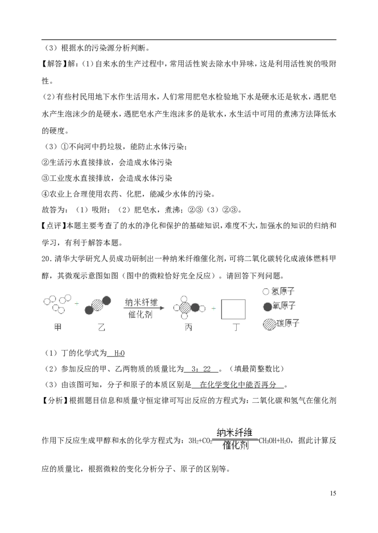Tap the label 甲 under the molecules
pyautogui.click(x=58, y=327)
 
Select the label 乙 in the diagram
pyautogui.click(x=102, y=327)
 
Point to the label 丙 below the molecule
pyautogui.click(x=189, y=327)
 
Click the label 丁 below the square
pyautogui.click(x=236, y=327)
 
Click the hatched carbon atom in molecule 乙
pyautogui.click(x=97, y=305)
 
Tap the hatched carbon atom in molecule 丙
pyautogui.click(x=186, y=308)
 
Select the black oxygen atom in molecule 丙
pyautogui.click(x=195, y=308)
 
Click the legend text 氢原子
pyautogui.click(x=283, y=291)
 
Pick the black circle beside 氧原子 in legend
pyautogui.click(x=267, y=307)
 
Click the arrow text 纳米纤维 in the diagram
pyautogui.click(x=141, y=302)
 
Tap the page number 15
pyautogui.click(x=333, y=493)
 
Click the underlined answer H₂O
pyautogui.click(x=120, y=353)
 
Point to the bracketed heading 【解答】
pyautogui.click(x=54, y=64)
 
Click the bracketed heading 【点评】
pyautogui.click(x=54, y=226)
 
